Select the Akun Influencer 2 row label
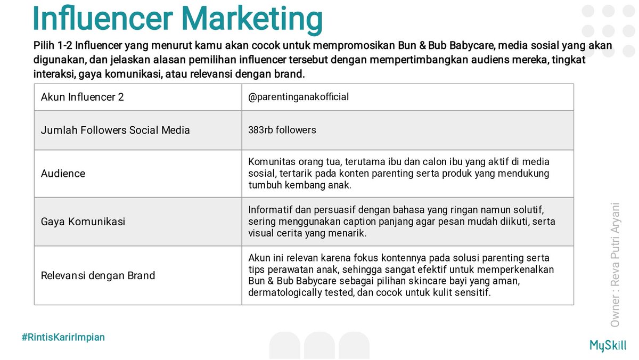tap(83, 97)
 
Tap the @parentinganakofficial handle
tap(298, 97)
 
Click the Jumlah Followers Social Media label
tap(115, 130)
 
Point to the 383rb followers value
tap(282, 130)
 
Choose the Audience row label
tap(63, 174)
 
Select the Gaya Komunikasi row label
tap(83, 222)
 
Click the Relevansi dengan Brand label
tap(98, 275)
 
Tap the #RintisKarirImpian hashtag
tap(63, 337)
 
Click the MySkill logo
tap(608, 345)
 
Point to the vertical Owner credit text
tap(616, 264)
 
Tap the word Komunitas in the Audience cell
tap(271, 161)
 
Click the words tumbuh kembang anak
tap(300, 185)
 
